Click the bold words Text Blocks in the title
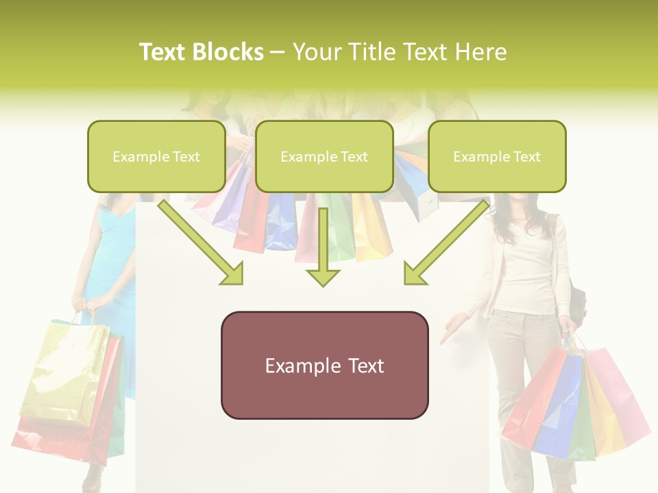201,52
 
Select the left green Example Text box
156,156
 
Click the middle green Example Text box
324,156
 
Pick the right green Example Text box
497,156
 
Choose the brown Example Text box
324,365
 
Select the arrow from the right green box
446,243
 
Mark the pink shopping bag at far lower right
620,397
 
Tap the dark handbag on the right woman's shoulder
577,301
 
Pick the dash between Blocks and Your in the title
278,53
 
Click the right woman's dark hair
514,205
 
